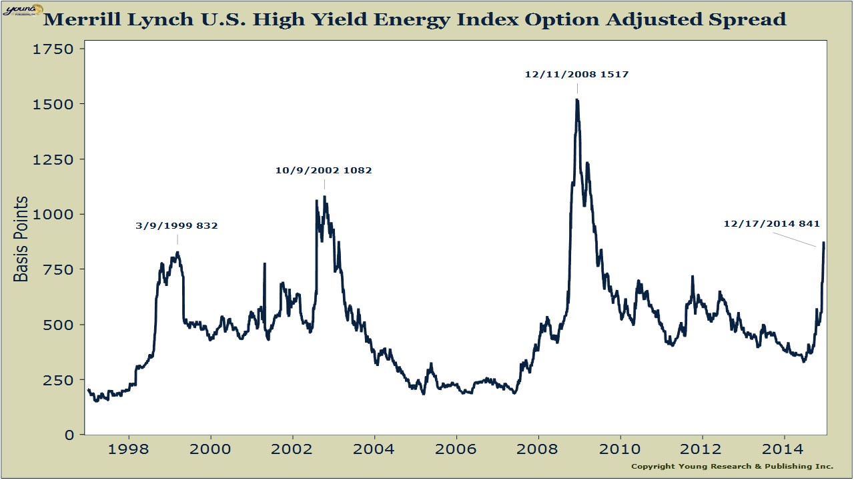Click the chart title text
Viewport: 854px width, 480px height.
pos(414,19)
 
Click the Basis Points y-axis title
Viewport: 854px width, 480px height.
pos(22,239)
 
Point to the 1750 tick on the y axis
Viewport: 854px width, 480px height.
pos(57,49)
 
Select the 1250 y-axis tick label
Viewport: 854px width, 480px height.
pos(57,159)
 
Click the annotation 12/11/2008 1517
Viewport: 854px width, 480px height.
pos(576,75)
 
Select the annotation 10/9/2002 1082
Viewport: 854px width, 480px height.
pos(324,170)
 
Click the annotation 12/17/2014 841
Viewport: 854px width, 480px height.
pos(771,223)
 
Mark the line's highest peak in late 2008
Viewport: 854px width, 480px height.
pos(576,100)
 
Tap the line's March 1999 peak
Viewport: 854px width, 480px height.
pos(177,252)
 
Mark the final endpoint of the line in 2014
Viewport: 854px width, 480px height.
pos(824,243)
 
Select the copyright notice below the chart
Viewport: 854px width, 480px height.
pos(732,466)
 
